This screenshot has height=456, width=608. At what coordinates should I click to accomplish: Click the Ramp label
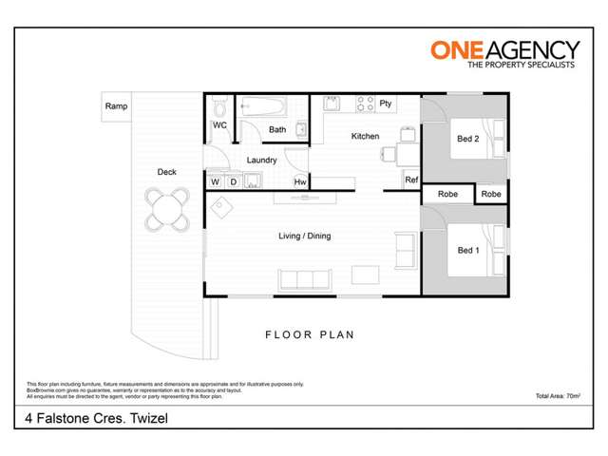point(117,106)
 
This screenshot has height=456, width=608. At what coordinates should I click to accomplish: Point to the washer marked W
point(215,181)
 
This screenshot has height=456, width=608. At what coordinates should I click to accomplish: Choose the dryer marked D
point(232,181)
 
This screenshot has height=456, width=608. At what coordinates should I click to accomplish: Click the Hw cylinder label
point(300,181)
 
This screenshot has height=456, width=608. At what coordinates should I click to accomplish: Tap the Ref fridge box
point(411,180)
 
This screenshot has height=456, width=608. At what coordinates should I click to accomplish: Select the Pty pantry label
point(386,103)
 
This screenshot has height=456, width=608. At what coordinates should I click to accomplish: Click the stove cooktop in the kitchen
point(364,103)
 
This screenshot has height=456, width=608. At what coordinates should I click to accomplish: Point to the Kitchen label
point(365,136)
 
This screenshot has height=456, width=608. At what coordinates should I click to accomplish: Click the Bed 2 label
point(467,139)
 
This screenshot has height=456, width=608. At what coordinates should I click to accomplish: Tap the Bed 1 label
point(467,250)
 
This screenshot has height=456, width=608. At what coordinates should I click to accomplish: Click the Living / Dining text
point(304,236)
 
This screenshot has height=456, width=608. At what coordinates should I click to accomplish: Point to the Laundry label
point(261,161)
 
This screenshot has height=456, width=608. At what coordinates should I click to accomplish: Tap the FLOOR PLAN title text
point(309,334)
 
